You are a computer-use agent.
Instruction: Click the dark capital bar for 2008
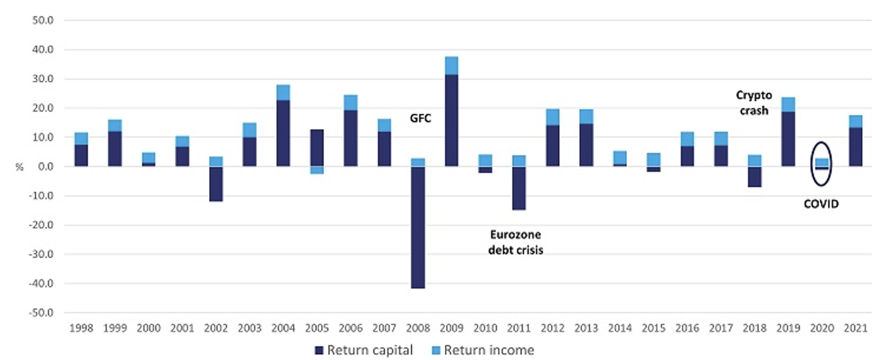(x=418, y=227)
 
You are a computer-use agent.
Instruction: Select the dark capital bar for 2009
(x=451, y=120)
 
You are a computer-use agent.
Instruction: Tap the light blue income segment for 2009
(x=451, y=65)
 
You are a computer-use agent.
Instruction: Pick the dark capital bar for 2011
(x=518, y=188)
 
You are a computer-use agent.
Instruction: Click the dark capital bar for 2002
(x=216, y=184)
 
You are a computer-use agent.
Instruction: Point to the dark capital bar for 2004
(x=283, y=133)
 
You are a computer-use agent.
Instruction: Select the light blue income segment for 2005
(x=317, y=170)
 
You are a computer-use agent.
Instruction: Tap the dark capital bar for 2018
(x=754, y=176)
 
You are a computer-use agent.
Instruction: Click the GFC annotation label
(x=421, y=118)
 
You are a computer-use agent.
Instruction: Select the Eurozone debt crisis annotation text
(x=516, y=242)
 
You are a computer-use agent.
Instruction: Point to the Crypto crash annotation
(x=754, y=103)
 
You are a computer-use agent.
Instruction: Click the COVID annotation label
(x=821, y=204)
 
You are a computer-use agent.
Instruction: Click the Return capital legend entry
(x=363, y=350)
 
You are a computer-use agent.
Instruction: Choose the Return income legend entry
(x=483, y=350)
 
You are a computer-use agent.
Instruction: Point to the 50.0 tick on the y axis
(x=43, y=20)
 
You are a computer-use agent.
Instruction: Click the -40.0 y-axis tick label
(x=41, y=284)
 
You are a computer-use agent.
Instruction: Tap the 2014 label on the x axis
(x=620, y=328)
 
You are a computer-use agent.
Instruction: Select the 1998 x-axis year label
(x=81, y=328)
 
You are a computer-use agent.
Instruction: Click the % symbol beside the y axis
(x=19, y=167)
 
